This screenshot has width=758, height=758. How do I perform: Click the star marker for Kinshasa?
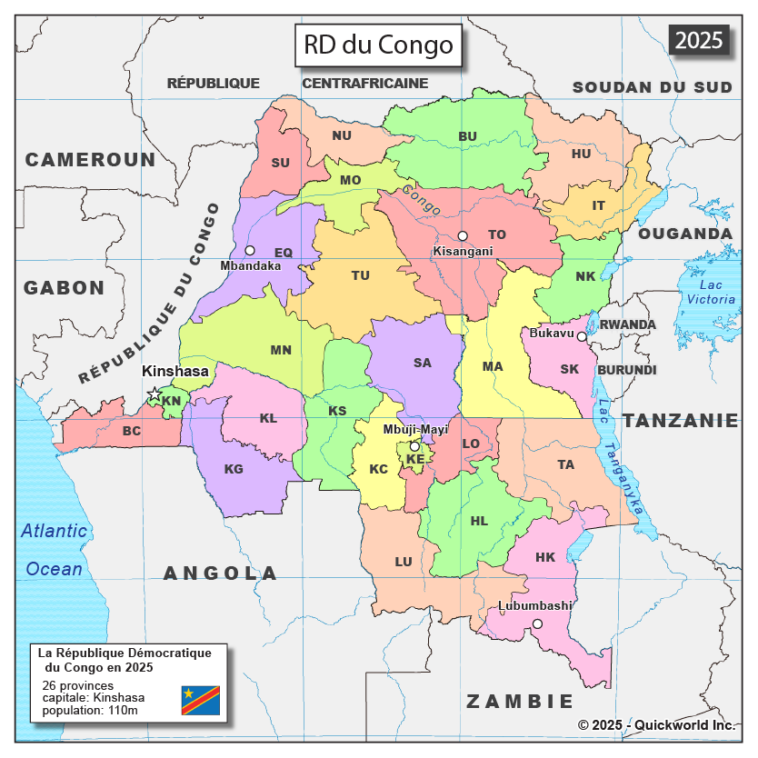coord(154,394)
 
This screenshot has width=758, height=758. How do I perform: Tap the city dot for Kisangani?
coord(463,236)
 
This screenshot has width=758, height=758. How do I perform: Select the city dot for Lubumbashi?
coord(537,623)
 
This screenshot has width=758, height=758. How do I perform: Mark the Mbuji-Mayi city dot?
coord(414,446)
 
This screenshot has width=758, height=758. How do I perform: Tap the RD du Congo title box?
coord(377,45)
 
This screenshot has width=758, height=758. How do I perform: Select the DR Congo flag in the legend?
coord(200,700)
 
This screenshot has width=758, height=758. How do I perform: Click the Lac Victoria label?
coord(711,292)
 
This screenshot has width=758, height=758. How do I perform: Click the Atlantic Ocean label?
coord(55,550)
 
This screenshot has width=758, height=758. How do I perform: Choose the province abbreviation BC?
coord(132,431)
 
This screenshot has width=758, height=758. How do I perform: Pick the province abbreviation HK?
coord(545,557)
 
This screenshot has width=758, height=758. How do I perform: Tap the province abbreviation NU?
coord(342,135)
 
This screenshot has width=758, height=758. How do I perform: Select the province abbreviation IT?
coord(598,205)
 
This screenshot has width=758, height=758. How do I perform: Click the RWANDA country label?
coord(627,324)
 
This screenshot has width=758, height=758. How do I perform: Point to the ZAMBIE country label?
coord(520,701)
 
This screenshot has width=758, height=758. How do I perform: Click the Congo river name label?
coord(421,201)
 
